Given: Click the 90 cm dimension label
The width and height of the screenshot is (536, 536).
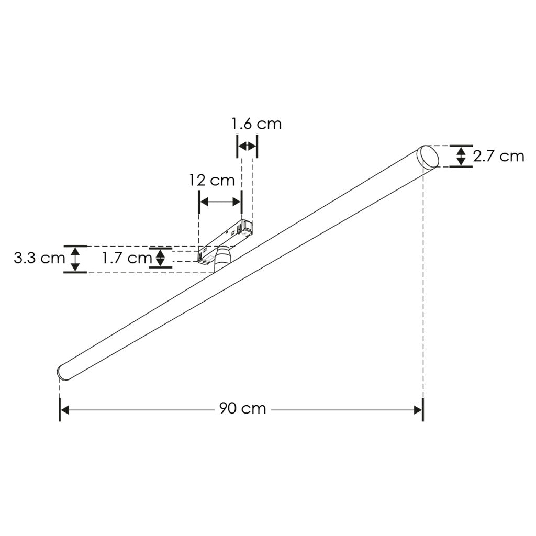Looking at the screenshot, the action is [x=242, y=408].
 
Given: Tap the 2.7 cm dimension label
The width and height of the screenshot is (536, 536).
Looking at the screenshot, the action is [x=498, y=156].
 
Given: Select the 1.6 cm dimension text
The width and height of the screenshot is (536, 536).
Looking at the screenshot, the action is [x=256, y=124].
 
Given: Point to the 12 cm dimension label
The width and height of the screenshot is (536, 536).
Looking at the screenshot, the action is [x=213, y=180].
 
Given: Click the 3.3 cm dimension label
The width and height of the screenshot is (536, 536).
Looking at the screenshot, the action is [x=39, y=258].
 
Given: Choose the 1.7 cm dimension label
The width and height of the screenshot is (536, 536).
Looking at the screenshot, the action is [x=127, y=258].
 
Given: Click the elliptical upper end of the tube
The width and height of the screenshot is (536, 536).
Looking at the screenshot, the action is [x=429, y=157].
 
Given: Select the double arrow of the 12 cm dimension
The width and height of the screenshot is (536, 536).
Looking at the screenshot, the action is [x=220, y=202].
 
